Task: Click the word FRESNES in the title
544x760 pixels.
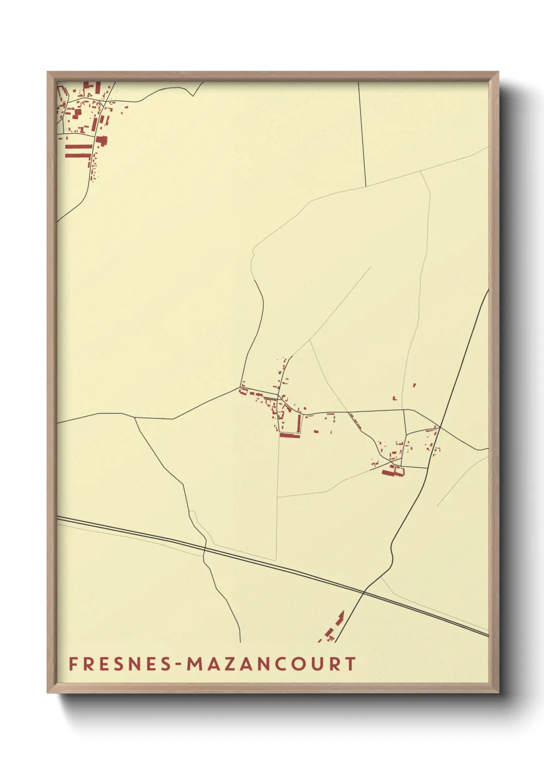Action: [120, 664]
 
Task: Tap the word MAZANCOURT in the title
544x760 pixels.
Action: [271, 664]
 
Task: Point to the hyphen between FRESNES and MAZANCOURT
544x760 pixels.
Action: [179, 664]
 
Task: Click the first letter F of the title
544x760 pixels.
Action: [73, 664]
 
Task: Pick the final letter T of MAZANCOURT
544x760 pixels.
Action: [351, 664]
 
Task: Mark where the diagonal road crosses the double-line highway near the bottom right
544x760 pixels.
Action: [364, 592]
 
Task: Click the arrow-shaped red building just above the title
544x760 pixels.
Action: [340, 617]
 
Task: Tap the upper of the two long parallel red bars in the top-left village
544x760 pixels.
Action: [79, 147]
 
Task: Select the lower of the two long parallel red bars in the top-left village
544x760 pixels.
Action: [79, 155]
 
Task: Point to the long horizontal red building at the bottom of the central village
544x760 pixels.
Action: [289, 435]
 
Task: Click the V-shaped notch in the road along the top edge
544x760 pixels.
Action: [194, 94]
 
